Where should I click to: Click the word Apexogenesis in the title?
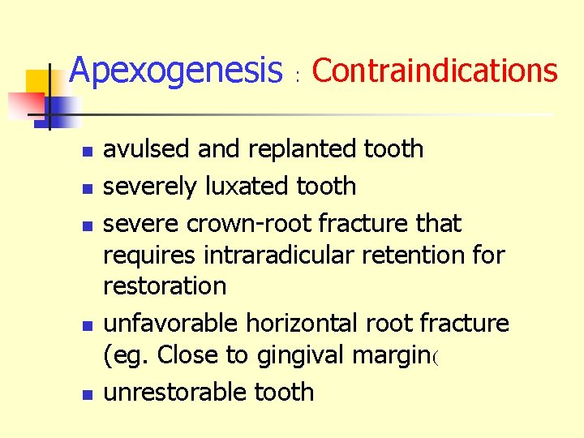[x=175, y=71]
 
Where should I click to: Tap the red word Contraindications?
[x=435, y=71]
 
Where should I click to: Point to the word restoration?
[x=165, y=286]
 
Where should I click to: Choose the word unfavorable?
[x=171, y=323]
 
